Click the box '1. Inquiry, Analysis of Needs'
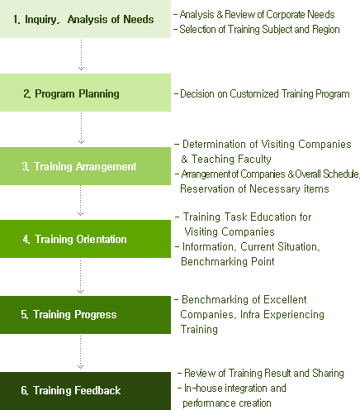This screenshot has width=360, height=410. click(85, 19)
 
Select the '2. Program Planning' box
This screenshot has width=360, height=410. click(85, 93)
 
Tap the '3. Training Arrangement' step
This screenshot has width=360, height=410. click(85, 166)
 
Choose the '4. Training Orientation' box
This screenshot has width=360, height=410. click(85, 239)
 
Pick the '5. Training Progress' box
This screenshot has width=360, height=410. click(85, 315)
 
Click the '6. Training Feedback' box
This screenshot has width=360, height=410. click(85, 391)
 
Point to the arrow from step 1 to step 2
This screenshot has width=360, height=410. click(81, 55)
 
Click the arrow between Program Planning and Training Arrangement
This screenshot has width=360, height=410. click(81, 128)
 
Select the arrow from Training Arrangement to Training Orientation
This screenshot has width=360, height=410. click(81, 201)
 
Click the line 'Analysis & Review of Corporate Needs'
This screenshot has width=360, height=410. click(257, 14)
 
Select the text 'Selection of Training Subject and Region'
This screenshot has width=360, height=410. click(259, 29)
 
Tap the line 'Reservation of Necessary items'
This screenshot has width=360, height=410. click(254, 189)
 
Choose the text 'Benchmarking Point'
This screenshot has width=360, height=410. click(228, 261)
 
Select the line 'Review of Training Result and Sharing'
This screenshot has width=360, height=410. click(264, 373)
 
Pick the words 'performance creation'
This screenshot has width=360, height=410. click(227, 403)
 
